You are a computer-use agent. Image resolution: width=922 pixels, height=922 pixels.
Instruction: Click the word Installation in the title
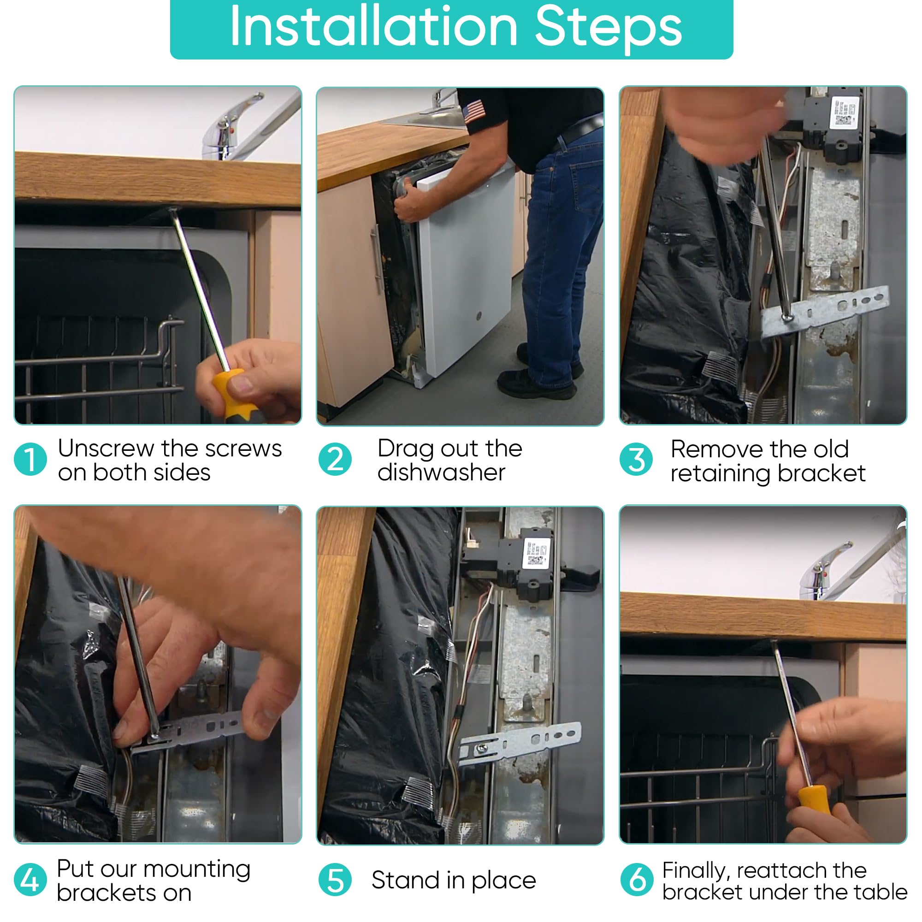pos(374,27)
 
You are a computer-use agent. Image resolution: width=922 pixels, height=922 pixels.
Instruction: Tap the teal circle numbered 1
pos(30,460)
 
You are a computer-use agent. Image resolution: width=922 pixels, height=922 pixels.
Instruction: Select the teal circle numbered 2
pos(335,460)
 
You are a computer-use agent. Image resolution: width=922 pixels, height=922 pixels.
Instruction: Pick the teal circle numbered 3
pos(636,460)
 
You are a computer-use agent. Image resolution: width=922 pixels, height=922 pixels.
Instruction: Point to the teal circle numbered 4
pos(30,880)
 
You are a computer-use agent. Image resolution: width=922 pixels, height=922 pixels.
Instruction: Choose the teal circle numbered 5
pos(335,880)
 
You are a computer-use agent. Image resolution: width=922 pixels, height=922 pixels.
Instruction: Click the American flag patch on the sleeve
pos(474,112)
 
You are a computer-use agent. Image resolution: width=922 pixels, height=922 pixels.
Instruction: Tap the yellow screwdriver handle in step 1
pos(232,394)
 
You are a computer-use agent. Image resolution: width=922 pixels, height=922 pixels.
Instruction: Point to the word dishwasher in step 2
pos(441,473)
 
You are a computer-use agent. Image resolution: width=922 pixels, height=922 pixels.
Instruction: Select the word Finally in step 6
pos(696,871)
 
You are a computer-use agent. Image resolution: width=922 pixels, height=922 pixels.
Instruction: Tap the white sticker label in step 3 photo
pos(844,112)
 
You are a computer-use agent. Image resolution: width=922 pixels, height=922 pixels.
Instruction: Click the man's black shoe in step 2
pos(537,383)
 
